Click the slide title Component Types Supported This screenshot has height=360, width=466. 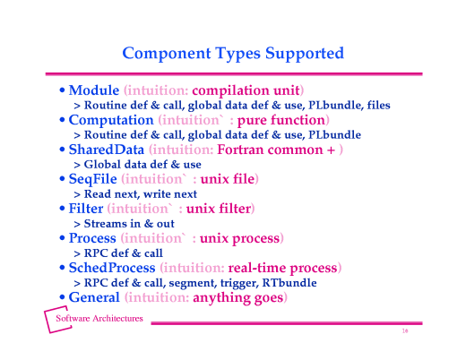coord(232,53)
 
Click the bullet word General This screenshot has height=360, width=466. coord(94,297)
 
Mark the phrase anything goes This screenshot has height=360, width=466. coord(244,297)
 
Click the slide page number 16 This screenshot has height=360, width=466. coord(405,331)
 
